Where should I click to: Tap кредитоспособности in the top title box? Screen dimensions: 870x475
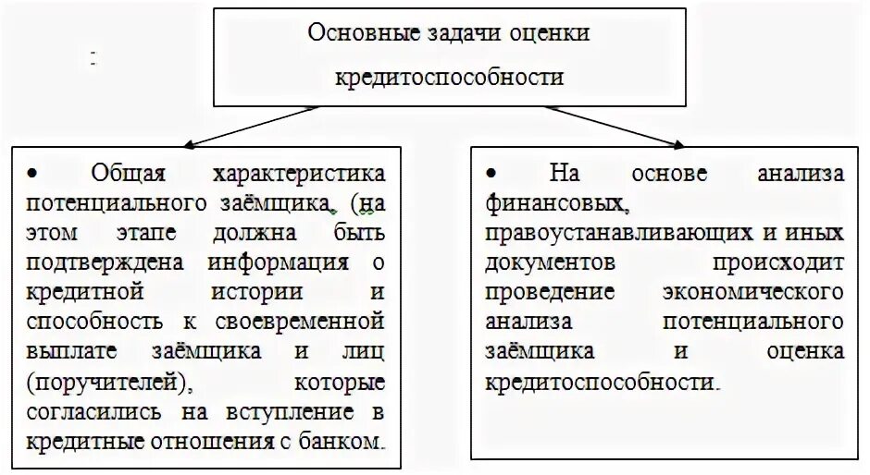click(x=449, y=77)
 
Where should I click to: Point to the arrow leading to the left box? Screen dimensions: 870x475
click(x=251, y=126)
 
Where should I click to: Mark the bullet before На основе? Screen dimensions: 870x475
click(x=491, y=173)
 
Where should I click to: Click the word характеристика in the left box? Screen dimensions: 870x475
click(x=299, y=173)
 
